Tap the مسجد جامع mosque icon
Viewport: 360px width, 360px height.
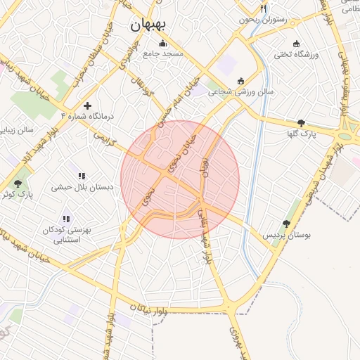163,43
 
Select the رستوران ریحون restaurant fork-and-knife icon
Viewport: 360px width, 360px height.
264,9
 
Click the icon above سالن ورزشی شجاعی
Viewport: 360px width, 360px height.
242,80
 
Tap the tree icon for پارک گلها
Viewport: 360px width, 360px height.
301,122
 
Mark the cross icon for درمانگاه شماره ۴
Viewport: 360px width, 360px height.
87,105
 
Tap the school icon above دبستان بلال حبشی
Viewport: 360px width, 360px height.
82,176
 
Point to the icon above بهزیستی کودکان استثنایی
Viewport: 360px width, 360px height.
66,219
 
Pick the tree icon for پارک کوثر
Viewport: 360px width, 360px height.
18,183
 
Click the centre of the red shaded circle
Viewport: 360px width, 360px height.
180,179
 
